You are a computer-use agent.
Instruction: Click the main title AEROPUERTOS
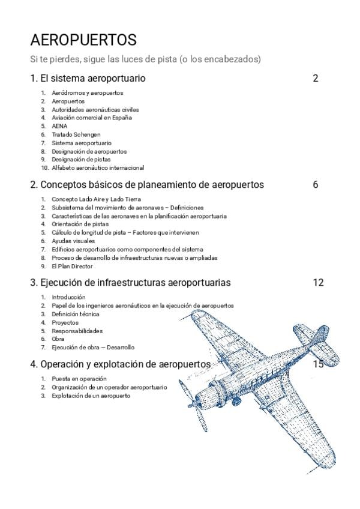[x=83, y=40]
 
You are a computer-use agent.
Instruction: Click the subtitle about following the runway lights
[x=145, y=59]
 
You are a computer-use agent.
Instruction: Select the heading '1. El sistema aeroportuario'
[x=88, y=78]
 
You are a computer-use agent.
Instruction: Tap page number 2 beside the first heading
[x=316, y=78]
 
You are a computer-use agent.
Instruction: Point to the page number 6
[x=316, y=184]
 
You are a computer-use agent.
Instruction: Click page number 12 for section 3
[x=318, y=282]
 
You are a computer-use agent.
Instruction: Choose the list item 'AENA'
[x=59, y=127]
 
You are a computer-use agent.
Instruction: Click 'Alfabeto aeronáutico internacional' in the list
[x=98, y=168]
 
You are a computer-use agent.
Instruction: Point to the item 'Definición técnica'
[x=76, y=314]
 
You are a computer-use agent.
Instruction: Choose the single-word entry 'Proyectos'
[x=65, y=322]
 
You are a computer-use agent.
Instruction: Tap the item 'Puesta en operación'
[x=79, y=379]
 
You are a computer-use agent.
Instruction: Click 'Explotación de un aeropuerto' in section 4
[x=91, y=396]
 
